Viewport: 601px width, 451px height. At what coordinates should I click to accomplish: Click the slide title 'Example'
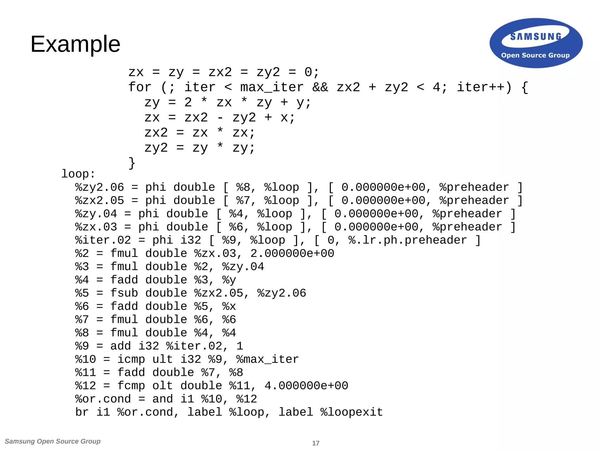[x=75, y=44]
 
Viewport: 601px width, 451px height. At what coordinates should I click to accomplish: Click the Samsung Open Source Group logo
[x=536, y=43]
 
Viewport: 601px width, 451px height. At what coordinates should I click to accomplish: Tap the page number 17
[x=316, y=443]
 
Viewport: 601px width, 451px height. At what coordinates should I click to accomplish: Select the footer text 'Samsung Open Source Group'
[x=53, y=441]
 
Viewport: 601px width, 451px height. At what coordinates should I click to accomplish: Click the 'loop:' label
[x=78, y=174]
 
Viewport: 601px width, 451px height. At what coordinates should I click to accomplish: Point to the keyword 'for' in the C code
[x=140, y=87]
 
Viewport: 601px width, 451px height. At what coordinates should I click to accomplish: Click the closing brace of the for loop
[x=132, y=163]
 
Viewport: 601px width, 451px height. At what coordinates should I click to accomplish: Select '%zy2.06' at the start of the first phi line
[x=100, y=187]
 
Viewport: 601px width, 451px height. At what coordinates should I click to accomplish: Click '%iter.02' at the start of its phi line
[x=103, y=240]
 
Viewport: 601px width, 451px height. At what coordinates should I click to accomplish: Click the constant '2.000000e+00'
[x=292, y=253]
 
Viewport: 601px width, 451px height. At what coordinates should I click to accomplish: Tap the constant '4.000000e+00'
[x=306, y=386]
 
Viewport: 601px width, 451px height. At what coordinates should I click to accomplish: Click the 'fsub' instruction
[x=124, y=293]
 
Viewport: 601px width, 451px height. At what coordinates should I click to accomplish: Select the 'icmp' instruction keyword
[x=131, y=359]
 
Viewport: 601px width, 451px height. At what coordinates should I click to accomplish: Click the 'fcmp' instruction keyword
[x=131, y=386]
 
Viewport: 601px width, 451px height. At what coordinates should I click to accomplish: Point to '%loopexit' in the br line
[x=352, y=412]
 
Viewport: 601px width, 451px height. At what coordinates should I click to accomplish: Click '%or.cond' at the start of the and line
[x=103, y=399]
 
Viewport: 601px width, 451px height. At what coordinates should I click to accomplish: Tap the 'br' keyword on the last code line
[x=82, y=412]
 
